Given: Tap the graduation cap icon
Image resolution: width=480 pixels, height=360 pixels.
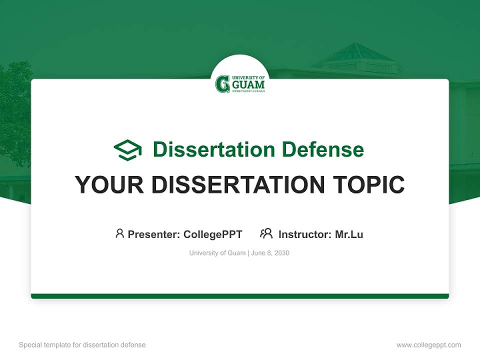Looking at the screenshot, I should (x=127, y=150).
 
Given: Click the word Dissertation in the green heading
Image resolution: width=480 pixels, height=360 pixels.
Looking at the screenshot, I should (x=213, y=149).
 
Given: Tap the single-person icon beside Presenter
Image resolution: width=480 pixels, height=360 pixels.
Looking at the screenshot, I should (x=119, y=233).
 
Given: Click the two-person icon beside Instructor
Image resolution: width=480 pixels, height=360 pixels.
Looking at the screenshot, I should (x=266, y=233).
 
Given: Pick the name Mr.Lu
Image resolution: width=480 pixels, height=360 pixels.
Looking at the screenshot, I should (x=349, y=234).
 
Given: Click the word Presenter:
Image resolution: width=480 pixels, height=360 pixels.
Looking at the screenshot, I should (x=154, y=234).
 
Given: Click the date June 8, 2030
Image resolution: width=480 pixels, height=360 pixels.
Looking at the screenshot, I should (x=270, y=253).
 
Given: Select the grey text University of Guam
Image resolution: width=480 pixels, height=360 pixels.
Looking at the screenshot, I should (x=217, y=253).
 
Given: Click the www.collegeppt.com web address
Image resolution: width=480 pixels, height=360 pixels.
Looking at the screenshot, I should (x=428, y=345).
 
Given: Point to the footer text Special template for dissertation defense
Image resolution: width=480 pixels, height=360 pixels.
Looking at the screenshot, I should (x=82, y=345).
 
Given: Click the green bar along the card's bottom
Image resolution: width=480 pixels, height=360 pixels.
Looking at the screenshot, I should (x=240, y=296).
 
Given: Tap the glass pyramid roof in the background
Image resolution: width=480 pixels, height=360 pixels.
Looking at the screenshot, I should (x=356, y=54).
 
